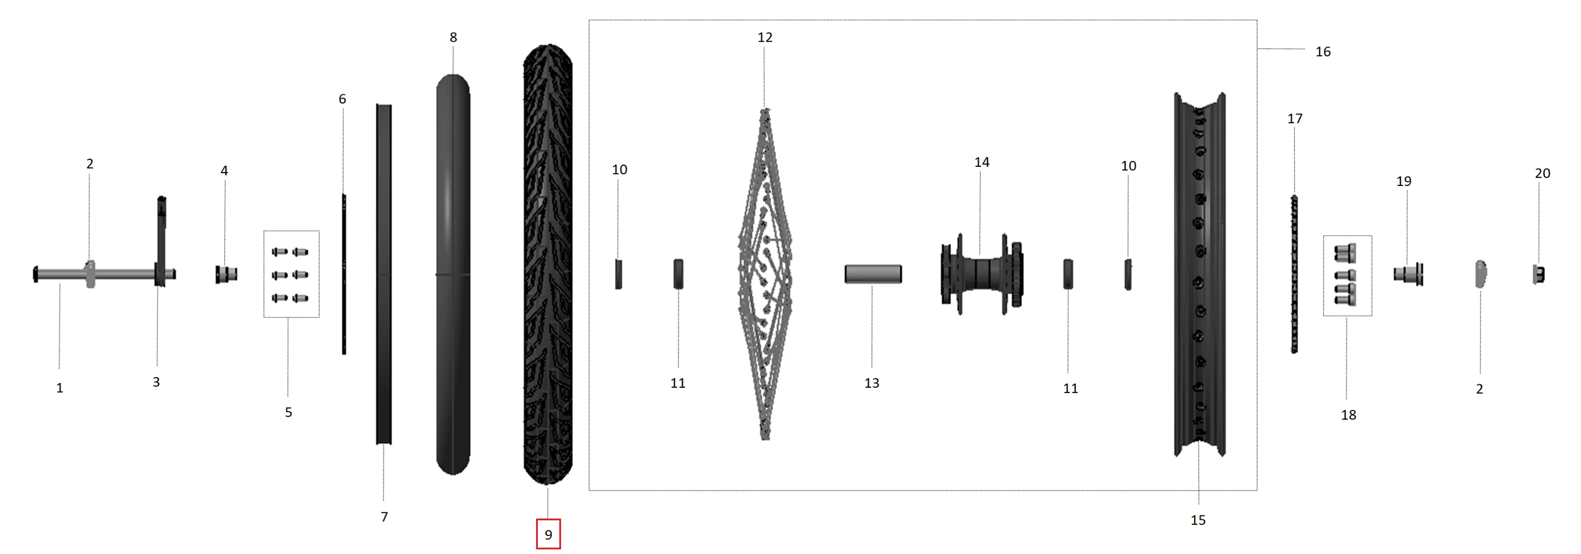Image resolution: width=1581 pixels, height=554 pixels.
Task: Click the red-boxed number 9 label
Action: point(548,534)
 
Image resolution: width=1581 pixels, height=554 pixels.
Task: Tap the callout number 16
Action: point(1323,52)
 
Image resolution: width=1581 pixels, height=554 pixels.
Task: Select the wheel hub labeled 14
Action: point(982,274)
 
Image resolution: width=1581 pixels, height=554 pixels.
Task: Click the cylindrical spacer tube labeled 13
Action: point(873,274)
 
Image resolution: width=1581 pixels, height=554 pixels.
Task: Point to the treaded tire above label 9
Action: point(548,264)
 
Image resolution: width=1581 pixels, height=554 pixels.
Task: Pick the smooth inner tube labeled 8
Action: point(453,274)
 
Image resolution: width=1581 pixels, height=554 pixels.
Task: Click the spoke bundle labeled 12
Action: point(765,274)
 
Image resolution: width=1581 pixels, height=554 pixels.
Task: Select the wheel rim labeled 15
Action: point(1200,274)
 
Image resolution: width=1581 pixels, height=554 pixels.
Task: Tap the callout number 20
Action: point(1542,174)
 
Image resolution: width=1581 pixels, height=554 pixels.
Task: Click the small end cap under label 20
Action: point(1539,274)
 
